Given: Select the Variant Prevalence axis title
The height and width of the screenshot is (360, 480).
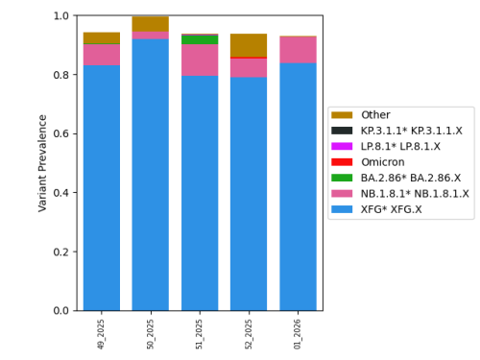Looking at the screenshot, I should (x=42, y=162).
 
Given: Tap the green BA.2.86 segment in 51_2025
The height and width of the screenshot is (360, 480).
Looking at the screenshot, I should (x=200, y=40).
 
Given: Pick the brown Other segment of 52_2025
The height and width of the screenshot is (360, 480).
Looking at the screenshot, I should (x=249, y=45).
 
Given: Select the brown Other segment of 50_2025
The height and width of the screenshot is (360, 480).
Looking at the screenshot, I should (x=151, y=24).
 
